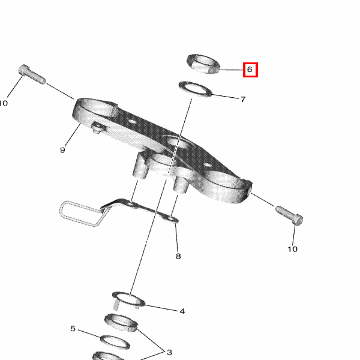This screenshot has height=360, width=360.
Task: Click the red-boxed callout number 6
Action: [x=250, y=70]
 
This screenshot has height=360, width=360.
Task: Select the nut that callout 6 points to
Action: [x=203, y=64]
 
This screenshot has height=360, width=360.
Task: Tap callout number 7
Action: [x=243, y=99]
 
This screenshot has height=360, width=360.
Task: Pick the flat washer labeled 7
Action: [x=196, y=89]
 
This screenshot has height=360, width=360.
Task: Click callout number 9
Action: [x=62, y=150]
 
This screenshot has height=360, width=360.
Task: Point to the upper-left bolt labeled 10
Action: [x=32, y=74]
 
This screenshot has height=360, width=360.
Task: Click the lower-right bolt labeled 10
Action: [x=289, y=215]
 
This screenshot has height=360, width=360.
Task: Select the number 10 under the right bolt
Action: [x=293, y=249]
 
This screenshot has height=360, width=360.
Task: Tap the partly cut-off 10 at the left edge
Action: [x=4, y=103]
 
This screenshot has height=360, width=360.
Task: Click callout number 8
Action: [x=178, y=256]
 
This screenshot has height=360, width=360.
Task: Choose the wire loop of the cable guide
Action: [x=80, y=214]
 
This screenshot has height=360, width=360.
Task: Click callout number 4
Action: [x=182, y=311]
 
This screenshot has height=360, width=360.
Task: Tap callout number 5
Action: [x=73, y=329]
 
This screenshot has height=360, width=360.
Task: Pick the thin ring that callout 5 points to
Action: [x=115, y=343]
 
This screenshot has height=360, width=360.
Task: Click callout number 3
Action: [x=169, y=352]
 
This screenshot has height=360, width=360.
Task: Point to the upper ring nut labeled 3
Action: [x=121, y=323]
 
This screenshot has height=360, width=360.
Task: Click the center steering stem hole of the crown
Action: [x=178, y=143]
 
